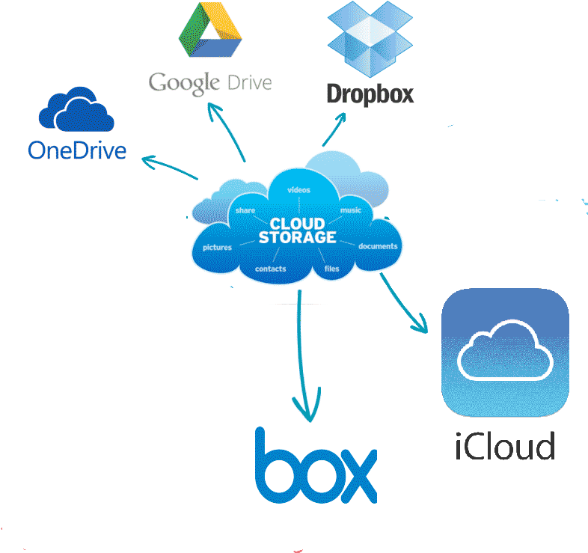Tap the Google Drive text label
[x=209, y=82]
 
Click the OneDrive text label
[x=77, y=150]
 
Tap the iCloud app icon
[x=506, y=352]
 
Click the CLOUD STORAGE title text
[x=297, y=230]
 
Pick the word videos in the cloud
[x=298, y=190]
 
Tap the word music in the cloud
[x=351, y=210]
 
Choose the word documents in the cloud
[x=378, y=246]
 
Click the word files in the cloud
[x=331, y=268]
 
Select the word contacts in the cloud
[x=270, y=269]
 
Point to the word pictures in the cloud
[x=217, y=247]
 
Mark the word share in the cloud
[x=245, y=211]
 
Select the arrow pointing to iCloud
[x=403, y=303]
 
